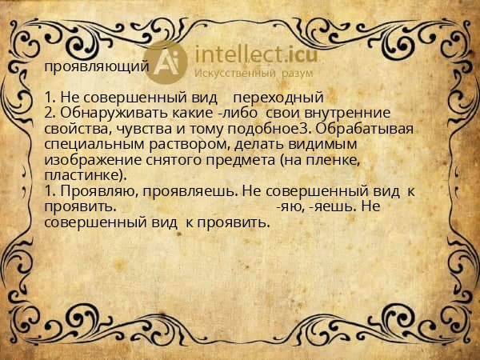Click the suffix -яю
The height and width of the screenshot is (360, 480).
[287, 206]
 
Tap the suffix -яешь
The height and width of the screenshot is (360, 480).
[326, 206]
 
